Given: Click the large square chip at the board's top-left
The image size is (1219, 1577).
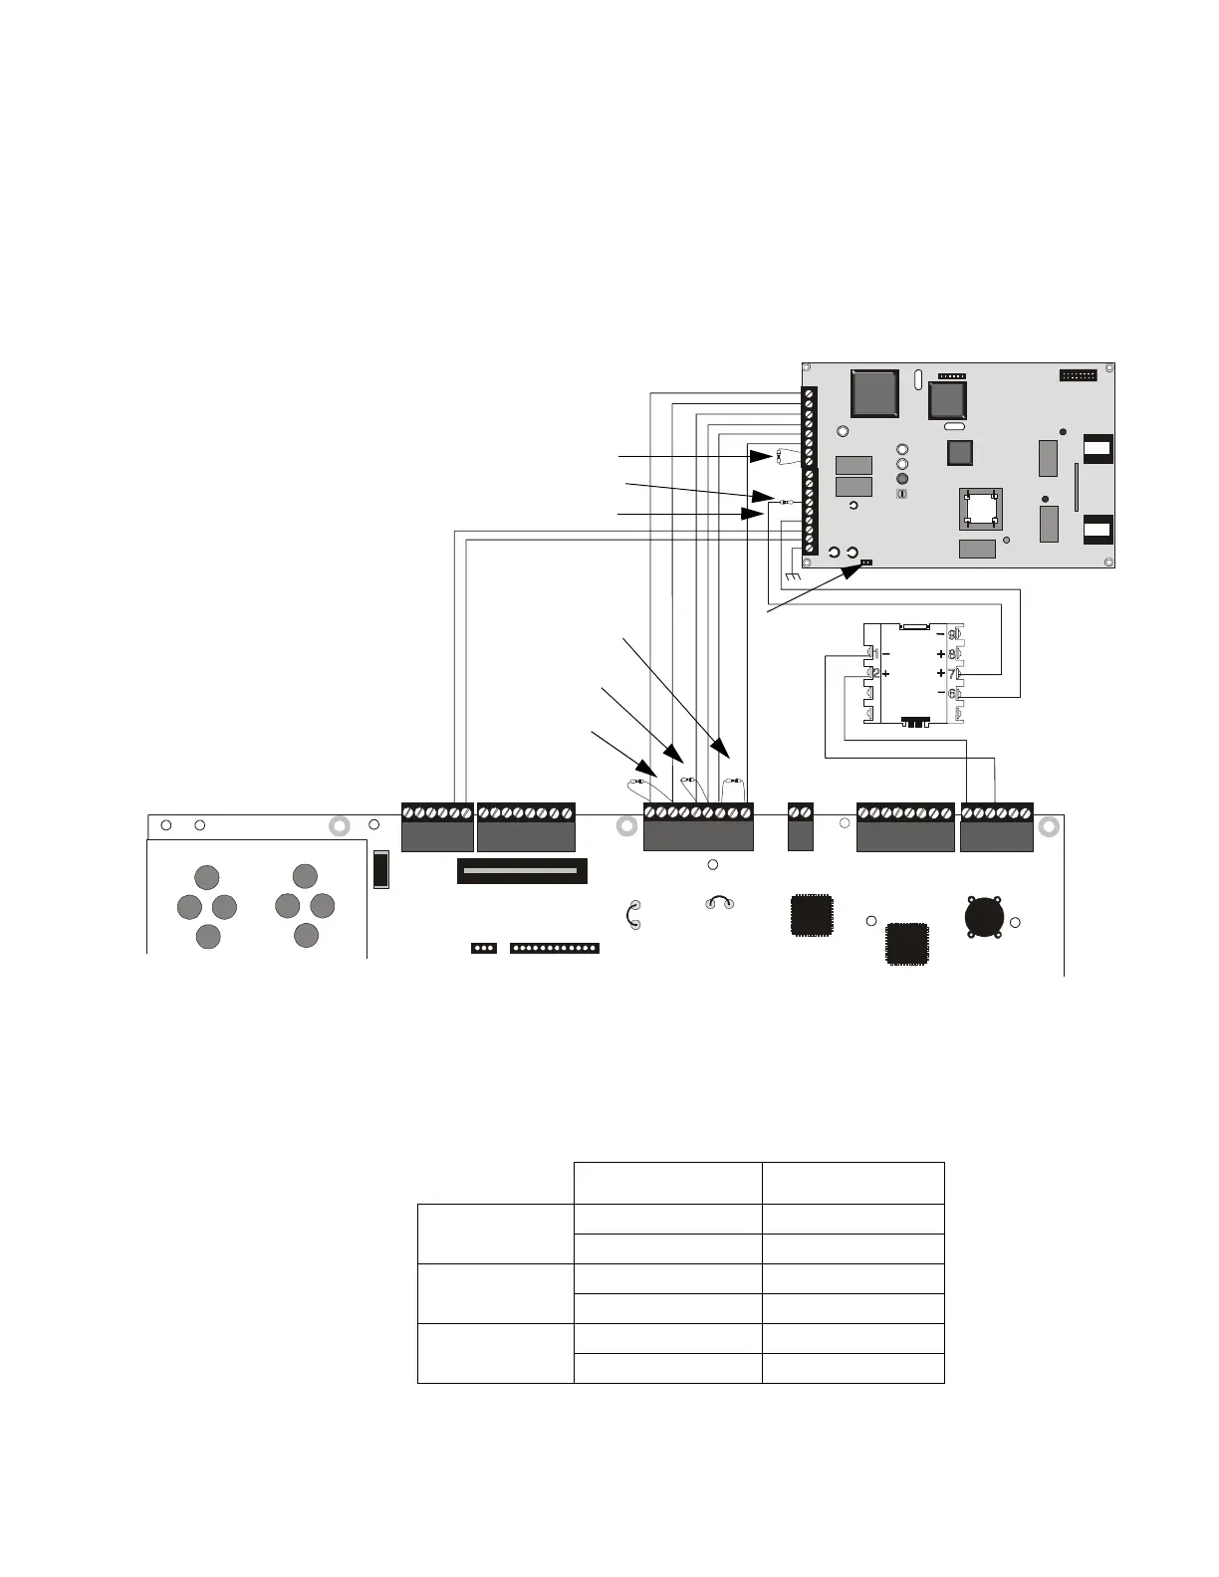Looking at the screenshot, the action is coord(874,393).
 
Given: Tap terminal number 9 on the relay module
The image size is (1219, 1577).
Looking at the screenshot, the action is coord(953,634).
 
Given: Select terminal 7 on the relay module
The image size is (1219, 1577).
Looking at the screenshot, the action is coord(953,674).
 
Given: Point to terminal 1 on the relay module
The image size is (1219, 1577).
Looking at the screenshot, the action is coord(871,653).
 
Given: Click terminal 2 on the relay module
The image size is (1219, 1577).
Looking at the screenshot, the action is coord(871,674).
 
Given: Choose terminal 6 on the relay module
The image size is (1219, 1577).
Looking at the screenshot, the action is coord(953,693).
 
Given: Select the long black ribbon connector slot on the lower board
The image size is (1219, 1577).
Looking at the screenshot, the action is coord(522,871).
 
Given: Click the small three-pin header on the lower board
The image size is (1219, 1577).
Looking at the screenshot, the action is coord(483,948).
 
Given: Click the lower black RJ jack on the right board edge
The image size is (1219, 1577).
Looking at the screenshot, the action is coord(1097,527).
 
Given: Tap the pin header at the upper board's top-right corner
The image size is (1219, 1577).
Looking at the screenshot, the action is coord(1077,376).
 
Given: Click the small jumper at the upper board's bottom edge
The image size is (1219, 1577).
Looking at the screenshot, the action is coord(865,563).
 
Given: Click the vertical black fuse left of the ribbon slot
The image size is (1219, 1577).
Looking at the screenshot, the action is coord(379,869).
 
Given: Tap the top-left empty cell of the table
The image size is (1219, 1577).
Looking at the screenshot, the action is coord(495,1183).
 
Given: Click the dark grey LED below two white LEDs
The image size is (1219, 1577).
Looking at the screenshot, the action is coord(902,479).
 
